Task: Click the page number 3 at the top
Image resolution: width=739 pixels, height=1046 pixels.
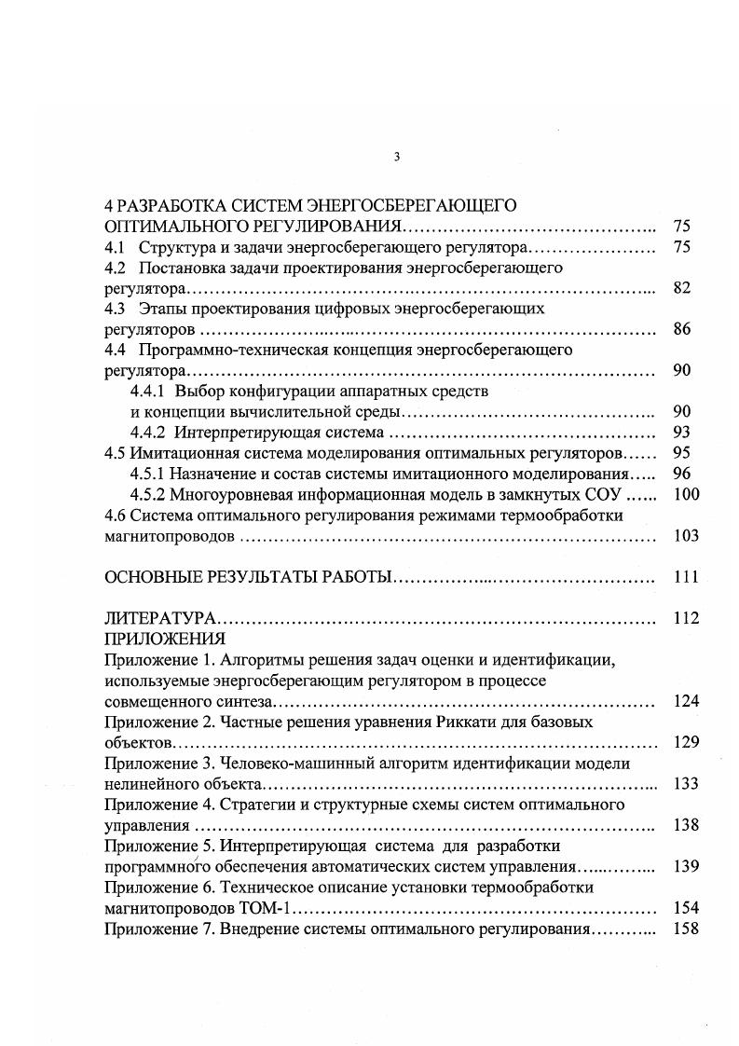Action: pos(397,157)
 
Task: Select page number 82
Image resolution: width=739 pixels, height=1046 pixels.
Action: pos(681,289)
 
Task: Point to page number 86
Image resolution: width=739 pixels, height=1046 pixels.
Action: pos(681,330)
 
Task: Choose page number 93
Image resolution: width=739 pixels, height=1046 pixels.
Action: pos(681,433)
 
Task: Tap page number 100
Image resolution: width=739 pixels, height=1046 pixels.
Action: pos(685,494)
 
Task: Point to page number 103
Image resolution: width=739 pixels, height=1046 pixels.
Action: pos(685,536)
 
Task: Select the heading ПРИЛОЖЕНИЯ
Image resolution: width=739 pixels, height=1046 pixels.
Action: pos(165,639)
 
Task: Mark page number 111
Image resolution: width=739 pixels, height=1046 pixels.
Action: pos(685,577)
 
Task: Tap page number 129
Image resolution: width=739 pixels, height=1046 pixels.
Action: pos(685,743)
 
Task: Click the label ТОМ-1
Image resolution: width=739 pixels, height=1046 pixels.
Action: pos(271,907)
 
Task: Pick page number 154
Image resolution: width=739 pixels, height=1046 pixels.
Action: pos(685,907)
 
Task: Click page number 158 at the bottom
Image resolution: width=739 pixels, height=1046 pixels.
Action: pos(685,929)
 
